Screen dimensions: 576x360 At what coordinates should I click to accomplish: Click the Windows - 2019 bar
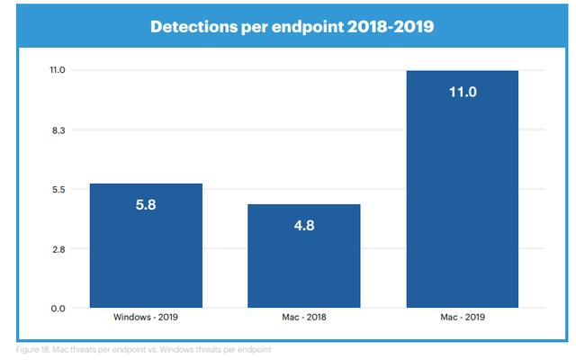point(146,246)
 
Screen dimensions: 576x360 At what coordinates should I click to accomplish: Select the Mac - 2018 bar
point(304,256)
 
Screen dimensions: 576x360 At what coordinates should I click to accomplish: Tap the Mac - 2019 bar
point(463,189)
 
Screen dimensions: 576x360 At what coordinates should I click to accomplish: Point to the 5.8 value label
point(146,204)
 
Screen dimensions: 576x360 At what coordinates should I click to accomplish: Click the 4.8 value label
point(304,226)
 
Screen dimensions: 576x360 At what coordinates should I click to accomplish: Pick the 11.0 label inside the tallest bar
point(463,92)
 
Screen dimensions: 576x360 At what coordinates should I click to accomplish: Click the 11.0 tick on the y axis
point(58,70)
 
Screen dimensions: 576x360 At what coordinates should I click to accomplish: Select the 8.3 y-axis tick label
point(58,130)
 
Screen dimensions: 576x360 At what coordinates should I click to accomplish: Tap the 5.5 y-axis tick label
point(58,190)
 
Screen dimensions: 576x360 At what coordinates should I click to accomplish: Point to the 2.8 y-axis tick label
point(58,249)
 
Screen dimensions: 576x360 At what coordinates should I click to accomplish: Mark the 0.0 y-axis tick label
point(58,309)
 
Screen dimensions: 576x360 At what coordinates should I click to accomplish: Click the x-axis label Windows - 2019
point(146,317)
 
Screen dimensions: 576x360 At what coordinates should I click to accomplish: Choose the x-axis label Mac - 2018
point(304,317)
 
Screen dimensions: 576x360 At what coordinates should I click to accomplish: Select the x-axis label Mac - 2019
point(463,317)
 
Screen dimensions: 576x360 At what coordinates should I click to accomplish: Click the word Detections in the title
point(193,27)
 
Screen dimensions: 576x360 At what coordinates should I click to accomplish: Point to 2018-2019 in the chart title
point(391,27)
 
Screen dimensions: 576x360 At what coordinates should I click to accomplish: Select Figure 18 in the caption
point(32,349)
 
